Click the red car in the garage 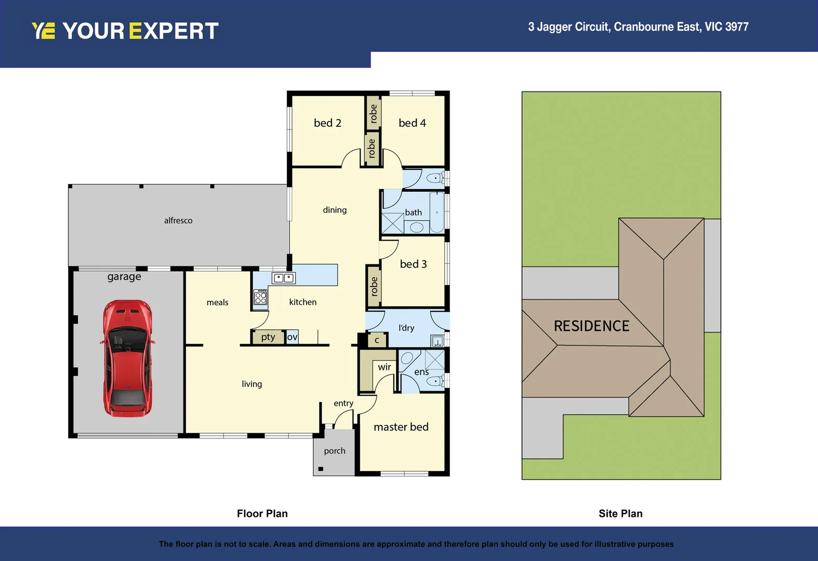click(127, 358)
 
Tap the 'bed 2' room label click(327, 123)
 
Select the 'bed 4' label click(412, 123)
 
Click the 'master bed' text click(401, 427)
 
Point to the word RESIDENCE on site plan click(591, 326)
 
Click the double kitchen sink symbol click(284, 278)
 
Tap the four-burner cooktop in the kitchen click(260, 297)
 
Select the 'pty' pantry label click(268, 337)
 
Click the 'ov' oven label click(292, 337)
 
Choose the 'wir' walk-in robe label click(384, 367)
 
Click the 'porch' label click(334, 451)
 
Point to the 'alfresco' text click(178, 221)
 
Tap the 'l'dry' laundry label click(406, 328)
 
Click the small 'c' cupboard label click(377, 340)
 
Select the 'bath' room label click(413, 212)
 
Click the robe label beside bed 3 click(374, 286)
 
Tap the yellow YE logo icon click(43, 31)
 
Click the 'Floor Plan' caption click(262, 514)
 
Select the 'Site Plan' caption click(621, 514)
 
